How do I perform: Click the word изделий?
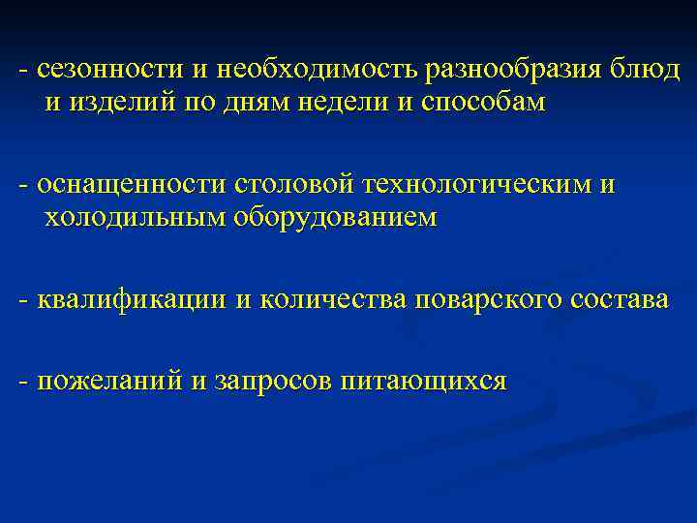(x=124, y=104)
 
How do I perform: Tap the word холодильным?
(x=135, y=218)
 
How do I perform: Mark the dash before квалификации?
(x=22, y=301)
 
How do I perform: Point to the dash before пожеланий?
(x=22, y=383)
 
